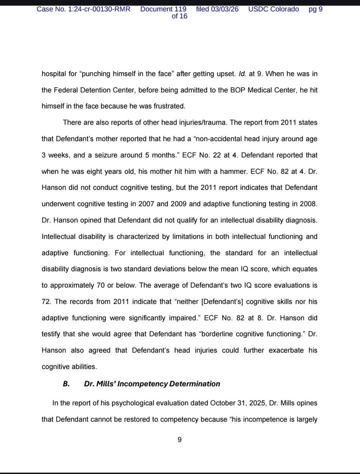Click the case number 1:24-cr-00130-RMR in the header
coord(99,9)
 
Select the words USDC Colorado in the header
coord(273,9)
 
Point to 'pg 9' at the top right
coord(315,9)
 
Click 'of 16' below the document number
coord(179,16)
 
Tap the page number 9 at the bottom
coord(179,439)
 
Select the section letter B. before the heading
coord(66,384)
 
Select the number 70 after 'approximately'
coord(100,285)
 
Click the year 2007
coord(146,204)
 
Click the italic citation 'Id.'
coord(242,74)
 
